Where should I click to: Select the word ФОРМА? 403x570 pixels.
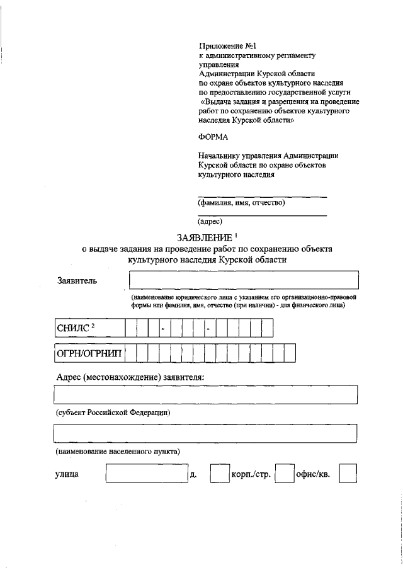click(x=212, y=137)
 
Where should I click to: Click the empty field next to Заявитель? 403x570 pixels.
click(x=243, y=280)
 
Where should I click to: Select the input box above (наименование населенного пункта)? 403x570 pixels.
click(x=205, y=434)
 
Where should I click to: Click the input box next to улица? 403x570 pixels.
click(x=146, y=474)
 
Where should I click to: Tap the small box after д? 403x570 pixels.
click(x=219, y=474)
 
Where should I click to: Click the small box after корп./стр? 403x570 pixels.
click(x=285, y=474)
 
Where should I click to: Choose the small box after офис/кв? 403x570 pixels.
click(x=348, y=474)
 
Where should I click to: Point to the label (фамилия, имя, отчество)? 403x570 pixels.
click(x=242, y=203)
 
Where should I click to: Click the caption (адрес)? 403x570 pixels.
click(x=210, y=222)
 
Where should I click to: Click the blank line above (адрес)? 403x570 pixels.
click(x=262, y=214)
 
